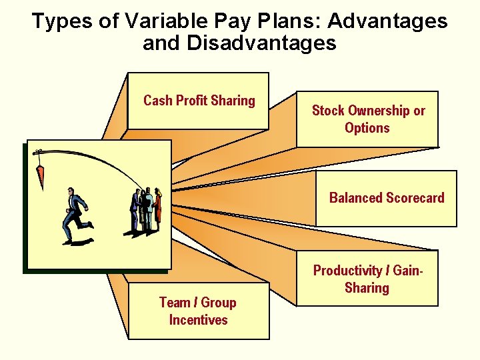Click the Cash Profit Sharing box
pos(198,101)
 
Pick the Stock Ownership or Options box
pos(367,119)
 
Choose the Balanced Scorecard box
pos(386,198)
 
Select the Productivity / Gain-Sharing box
pos(367,279)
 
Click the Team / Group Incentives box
pos(198,311)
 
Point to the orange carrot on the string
pos(39,176)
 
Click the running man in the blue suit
pos(75,215)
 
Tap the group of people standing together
pos(146,210)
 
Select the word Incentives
pos(198,320)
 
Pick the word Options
pos(367,128)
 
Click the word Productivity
pos(347,271)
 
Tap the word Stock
pos(328,111)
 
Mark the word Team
pos(174,303)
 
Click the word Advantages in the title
pos(387,21)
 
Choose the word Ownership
pos(378,111)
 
